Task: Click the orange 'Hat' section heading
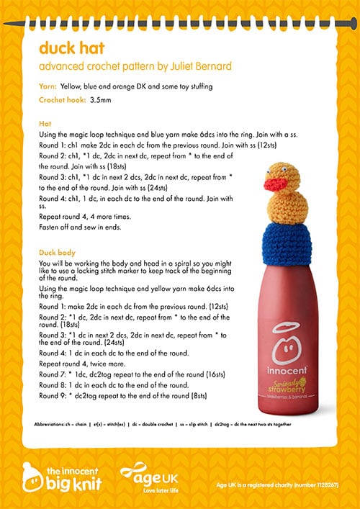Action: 45,124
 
